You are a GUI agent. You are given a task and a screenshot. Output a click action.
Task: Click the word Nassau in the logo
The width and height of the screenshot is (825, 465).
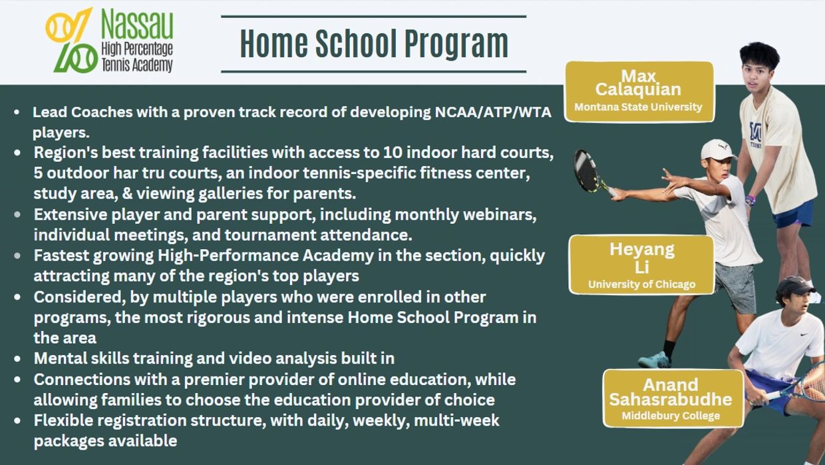137,24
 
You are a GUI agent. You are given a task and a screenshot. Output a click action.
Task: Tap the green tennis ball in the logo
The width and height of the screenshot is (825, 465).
84,58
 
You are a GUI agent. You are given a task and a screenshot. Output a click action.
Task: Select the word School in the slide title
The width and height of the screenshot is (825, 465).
356,44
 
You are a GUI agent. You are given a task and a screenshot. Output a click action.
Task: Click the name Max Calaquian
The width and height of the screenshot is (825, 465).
638,83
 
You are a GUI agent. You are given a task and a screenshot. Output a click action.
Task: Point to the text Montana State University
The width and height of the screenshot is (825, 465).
638,107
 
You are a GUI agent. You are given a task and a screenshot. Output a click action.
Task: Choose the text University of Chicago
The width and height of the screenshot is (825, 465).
641,284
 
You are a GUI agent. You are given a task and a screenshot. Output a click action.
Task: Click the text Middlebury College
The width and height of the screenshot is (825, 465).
671,416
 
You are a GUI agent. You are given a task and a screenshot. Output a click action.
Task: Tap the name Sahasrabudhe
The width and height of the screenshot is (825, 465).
671,400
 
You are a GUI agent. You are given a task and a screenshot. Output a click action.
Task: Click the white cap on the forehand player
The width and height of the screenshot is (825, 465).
717,149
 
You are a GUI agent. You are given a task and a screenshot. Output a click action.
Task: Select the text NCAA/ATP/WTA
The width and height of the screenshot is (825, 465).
493,112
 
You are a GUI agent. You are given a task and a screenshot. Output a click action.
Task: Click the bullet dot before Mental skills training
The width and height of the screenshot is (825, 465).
17,358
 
